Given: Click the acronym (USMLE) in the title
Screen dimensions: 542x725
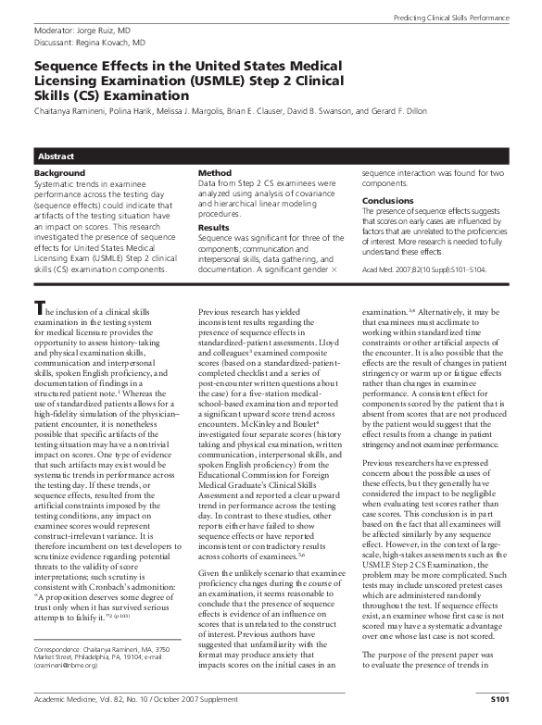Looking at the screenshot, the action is [214, 81].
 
